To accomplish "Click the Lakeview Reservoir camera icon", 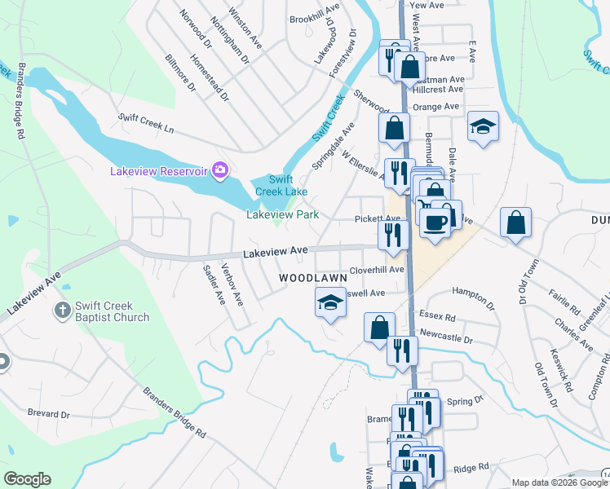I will pyautogui.click(x=219, y=170).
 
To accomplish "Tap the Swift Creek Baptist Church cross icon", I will pyautogui.click(x=63, y=309).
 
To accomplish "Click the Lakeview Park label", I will pyautogui.click(x=282, y=215).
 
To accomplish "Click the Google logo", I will pyautogui.click(x=27, y=479).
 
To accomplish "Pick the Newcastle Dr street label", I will pyautogui.click(x=445, y=336).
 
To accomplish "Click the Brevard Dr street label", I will pyautogui.click(x=48, y=414).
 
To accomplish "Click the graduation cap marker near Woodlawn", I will pyautogui.click(x=331, y=302).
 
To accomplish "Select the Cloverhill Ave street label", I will pyautogui.click(x=377, y=269).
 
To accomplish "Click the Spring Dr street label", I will pyautogui.click(x=466, y=401).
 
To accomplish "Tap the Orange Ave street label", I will pyautogui.click(x=436, y=107).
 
